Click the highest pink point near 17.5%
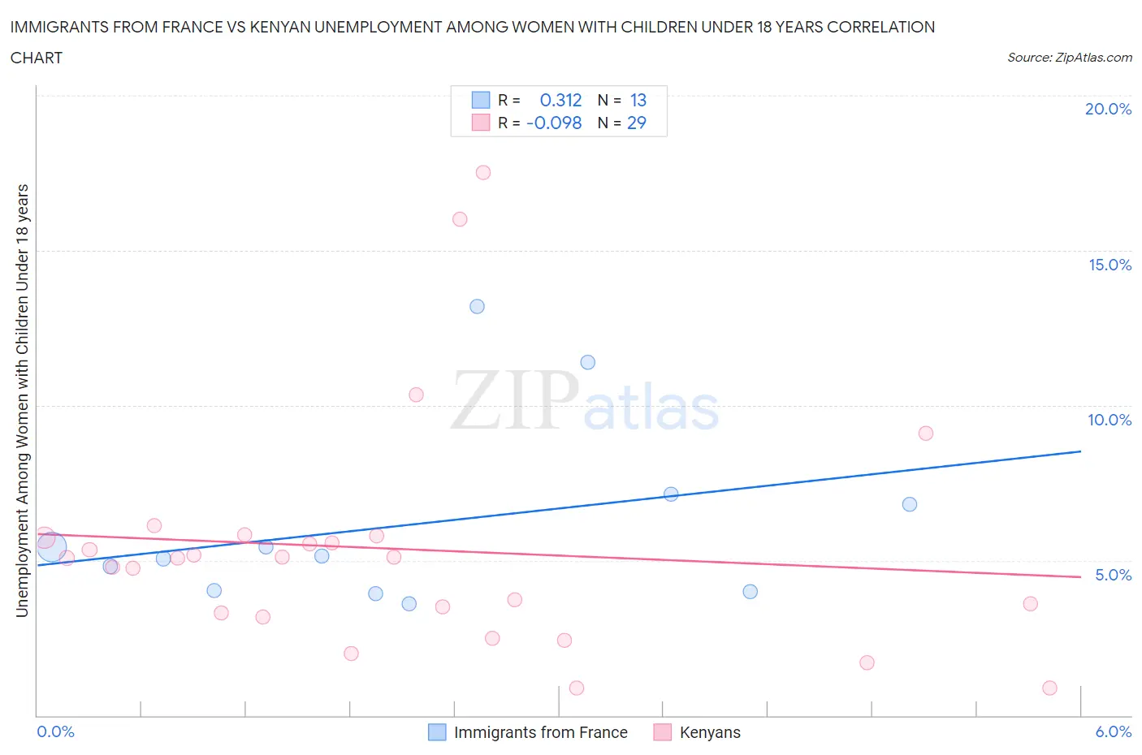click(x=483, y=172)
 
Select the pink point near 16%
click(x=460, y=219)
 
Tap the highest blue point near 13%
click(x=478, y=307)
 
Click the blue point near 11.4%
click(x=588, y=362)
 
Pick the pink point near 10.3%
click(x=417, y=395)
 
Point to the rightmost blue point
click(x=910, y=504)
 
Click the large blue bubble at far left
click(x=51, y=547)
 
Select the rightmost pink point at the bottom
click(x=1049, y=688)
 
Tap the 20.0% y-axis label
click(x=1108, y=109)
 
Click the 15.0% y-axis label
click(x=1110, y=265)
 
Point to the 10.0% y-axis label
click(x=1110, y=420)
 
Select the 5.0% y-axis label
click(x=1113, y=575)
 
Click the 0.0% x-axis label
click(x=55, y=731)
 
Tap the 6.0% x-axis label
click(x=1113, y=731)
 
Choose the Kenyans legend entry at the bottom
click(x=709, y=732)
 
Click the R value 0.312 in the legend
click(x=560, y=100)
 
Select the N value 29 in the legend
click(x=636, y=123)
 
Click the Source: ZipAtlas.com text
click(x=1069, y=58)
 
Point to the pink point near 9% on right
click(x=926, y=434)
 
